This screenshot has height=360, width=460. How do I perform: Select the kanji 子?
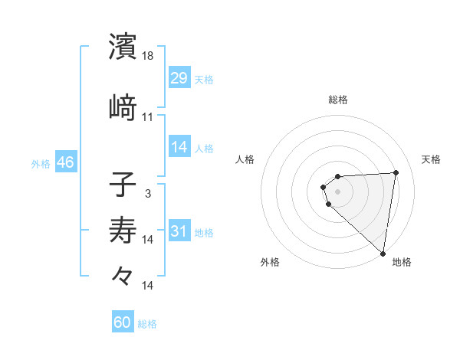[x=123, y=185]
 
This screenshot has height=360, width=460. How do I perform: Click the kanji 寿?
[x=123, y=231]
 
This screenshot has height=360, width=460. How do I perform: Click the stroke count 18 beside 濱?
[x=148, y=56]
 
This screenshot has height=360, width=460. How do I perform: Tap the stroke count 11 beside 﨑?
[x=148, y=117]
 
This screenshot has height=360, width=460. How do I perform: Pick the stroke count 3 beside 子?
[x=148, y=194]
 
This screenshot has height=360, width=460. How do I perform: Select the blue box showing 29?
[x=179, y=78]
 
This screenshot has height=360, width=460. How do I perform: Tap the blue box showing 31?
[x=179, y=231]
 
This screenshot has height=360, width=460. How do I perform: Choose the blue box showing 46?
[x=65, y=162]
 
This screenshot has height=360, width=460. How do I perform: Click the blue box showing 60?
[x=123, y=322]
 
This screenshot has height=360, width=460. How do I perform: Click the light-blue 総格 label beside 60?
[x=148, y=324]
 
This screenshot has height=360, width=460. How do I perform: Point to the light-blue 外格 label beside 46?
[x=41, y=164]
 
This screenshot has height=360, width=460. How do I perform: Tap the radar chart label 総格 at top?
[x=338, y=100]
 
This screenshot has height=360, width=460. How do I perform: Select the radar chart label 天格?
[x=431, y=159]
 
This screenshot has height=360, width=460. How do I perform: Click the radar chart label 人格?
[x=245, y=159]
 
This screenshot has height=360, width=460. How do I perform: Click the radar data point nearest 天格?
[x=396, y=172]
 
